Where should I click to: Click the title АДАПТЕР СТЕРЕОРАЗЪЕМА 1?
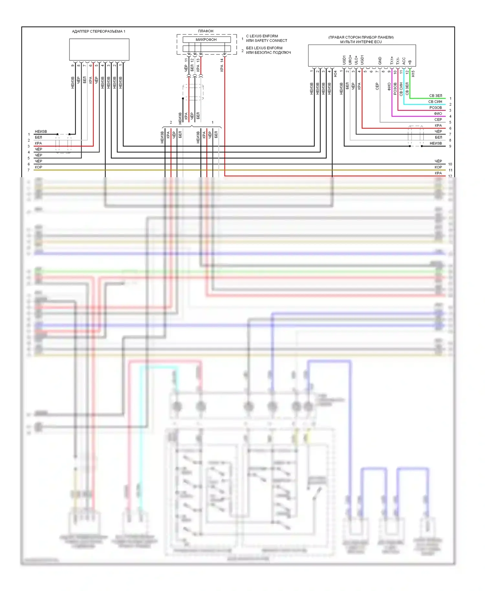[99, 31]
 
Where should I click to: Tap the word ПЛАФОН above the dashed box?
[206, 31]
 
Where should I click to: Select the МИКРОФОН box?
[207, 39]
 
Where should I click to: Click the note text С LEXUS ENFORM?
[262, 36]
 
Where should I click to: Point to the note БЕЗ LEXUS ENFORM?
[264, 48]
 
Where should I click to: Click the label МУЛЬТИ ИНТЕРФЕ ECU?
[361, 42]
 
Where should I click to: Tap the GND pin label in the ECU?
[380, 60]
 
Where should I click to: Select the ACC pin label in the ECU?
[404, 61]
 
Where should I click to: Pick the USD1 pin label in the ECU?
[344, 60]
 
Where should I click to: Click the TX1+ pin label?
[392, 60]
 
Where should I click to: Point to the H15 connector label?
[413, 74]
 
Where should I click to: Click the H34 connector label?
[335, 74]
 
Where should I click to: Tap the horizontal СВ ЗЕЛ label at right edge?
[435, 96]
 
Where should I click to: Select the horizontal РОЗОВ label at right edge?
[436, 108]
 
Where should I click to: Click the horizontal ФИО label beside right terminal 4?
[438, 113]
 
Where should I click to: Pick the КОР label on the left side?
[38, 167]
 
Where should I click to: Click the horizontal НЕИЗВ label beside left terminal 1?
[41, 132]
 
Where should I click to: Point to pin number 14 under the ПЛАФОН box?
[222, 60]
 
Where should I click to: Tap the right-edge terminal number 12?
[450, 176]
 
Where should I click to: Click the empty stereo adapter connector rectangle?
[99, 49]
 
